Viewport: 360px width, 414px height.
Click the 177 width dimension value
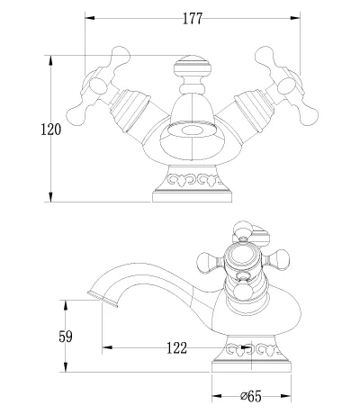pyautogui.click(x=193, y=19)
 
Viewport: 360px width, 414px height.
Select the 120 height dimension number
pyautogui.click(x=50, y=130)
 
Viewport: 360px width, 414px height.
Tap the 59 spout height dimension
pyautogui.click(x=66, y=337)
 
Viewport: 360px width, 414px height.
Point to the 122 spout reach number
pyautogui.click(x=176, y=347)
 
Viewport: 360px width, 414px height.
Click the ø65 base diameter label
pyautogui.click(x=251, y=396)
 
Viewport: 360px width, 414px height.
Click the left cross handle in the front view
pyautogui.click(x=97, y=85)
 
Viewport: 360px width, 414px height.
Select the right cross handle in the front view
pyautogui.click(x=287, y=85)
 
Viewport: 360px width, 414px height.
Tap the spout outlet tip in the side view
pyautogui.click(x=103, y=299)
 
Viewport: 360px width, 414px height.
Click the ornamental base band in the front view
pyautogui.click(x=192, y=179)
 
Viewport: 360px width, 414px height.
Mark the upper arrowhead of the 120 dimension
pyautogui.click(x=50, y=60)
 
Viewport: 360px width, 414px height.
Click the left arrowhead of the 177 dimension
pyautogui.click(x=90, y=18)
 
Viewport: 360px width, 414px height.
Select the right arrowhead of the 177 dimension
pyautogui.click(x=295, y=18)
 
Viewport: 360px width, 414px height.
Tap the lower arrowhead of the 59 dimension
pyautogui.click(x=66, y=367)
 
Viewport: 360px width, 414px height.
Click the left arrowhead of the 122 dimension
pyautogui.click(x=107, y=347)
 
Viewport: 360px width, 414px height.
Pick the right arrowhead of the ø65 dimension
pyautogui.click(x=286, y=396)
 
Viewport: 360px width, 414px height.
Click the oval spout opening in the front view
pyautogui.click(x=192, y=130)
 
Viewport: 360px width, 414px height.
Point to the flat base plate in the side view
pyautogui.click(x=251, y=366)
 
